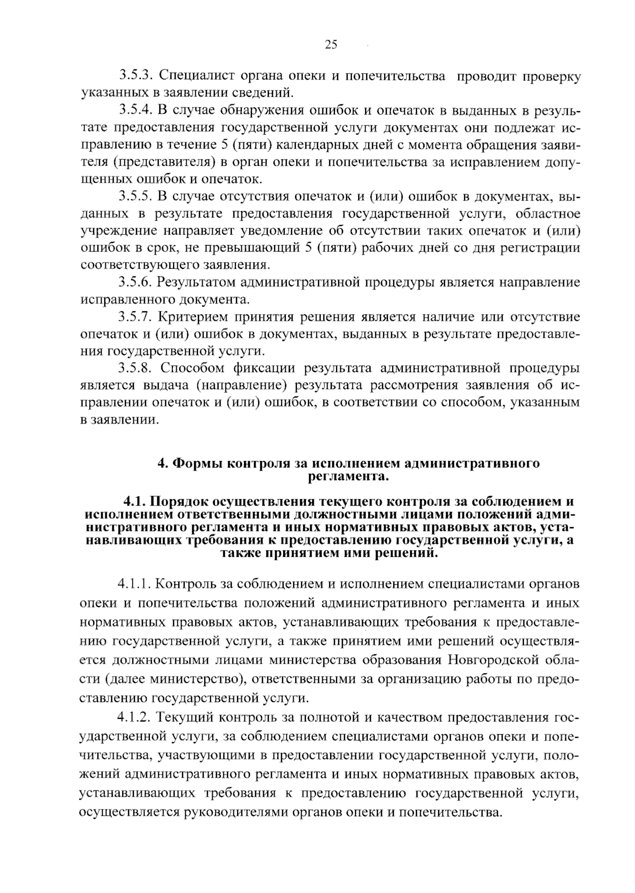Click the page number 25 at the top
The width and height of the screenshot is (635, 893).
[330, 45]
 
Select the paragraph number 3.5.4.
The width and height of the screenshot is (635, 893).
[135, 111]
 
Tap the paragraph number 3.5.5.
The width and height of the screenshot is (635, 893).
[135, 197]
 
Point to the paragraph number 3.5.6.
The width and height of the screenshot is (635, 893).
[135, 283]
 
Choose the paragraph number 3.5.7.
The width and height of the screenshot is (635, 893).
[135, 317]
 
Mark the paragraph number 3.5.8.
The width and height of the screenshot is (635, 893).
[135, 368]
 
